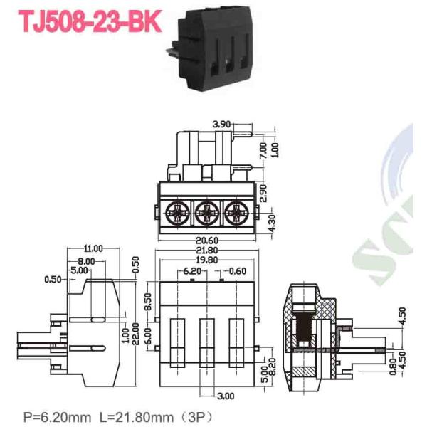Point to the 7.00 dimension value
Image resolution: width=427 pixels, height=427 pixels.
(x=263, y=149)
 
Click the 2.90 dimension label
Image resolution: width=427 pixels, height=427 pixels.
(x=263, y=192)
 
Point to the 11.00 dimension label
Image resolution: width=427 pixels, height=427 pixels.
(x=93, y=248)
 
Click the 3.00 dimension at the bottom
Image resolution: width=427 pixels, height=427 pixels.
(x=225, y=395)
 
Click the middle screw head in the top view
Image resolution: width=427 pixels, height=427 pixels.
(x=206, y=211)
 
